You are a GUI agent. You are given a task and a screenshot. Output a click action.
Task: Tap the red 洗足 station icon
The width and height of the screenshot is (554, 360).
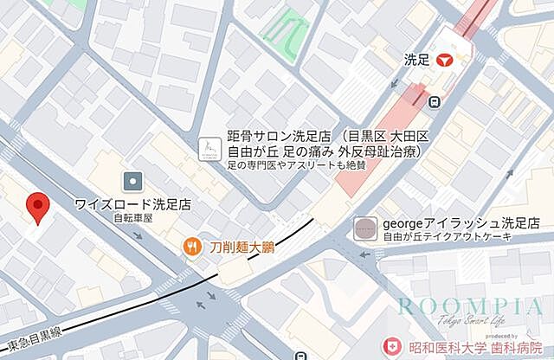click(445, 60)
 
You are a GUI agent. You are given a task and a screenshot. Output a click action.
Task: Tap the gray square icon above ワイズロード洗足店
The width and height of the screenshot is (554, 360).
click(132, 181)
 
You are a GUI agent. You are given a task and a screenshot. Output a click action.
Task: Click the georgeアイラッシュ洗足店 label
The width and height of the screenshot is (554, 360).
click(448, 222)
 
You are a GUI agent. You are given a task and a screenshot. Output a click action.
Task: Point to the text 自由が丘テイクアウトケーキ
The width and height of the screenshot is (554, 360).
click(447, 236)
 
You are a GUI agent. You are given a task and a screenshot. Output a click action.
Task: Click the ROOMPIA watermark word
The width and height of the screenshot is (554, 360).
click(471, 305)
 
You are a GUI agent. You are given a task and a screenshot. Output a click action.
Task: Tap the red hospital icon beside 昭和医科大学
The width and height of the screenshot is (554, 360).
click(393, 346)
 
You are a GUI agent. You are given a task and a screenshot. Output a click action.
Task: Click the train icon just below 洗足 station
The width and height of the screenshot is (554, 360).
click(434, 100)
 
